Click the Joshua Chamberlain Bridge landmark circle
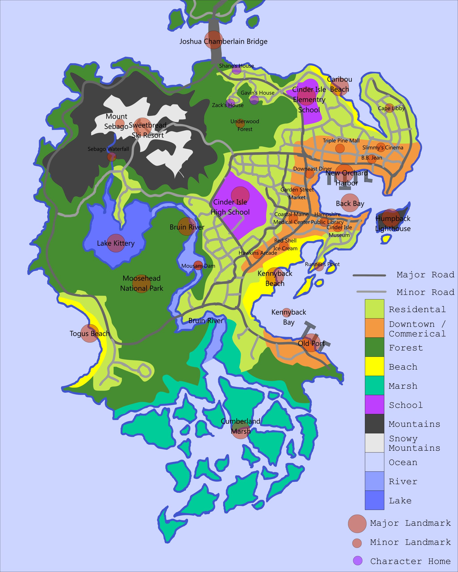[x=214, y=40]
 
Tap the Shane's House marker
[x=237, y=70]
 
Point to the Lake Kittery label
[x=116, y=243]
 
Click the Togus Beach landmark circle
[x=90, y=333]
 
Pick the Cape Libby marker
[x=390, y=108]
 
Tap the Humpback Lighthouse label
[x=393, y=224]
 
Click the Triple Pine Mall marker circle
[x=340, y=148]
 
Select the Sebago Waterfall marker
[x=112, y=157]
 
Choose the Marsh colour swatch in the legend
[x=374, y=385]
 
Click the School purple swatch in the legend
[x=374, y=404]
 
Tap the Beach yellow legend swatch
[x=374, y=366]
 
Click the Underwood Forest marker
[x=240, y=123]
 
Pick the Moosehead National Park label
[x=142, y=283]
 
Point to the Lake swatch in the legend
[x=374, y=500]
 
